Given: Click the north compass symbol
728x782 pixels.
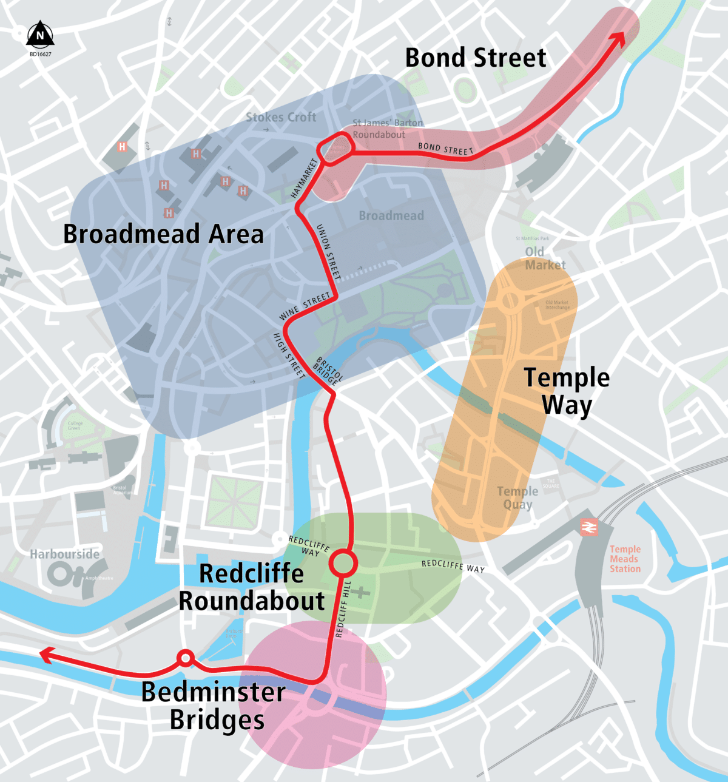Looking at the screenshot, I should pos(40,35).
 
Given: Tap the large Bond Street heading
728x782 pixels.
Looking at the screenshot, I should pos(476,58).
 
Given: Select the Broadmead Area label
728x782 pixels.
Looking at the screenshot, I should pos(163,234).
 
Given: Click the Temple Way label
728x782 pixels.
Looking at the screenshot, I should pos(567,391).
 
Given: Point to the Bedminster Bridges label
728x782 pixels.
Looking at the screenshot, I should pos(214,706).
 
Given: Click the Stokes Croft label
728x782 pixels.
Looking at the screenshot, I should pos(281,117).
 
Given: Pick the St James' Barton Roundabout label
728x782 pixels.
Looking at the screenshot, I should pos(388,129).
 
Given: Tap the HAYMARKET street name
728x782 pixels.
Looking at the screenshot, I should pos(305,178).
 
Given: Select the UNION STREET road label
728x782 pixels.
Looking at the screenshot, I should pos(329,252).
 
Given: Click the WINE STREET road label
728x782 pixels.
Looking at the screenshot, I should pos(305,306).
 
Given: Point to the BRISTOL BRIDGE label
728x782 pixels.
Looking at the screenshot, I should pos(328,371).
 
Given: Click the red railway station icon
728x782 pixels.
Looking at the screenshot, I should pos(588,527).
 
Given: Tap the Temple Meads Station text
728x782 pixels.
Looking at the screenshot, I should pos(625,559).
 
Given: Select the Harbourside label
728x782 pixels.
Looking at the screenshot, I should pos(64,554).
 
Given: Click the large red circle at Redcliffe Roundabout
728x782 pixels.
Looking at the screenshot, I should pos(343,564).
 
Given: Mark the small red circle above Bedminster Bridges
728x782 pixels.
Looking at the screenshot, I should pos(185,658).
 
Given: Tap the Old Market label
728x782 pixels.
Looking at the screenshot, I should pos(545,258).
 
